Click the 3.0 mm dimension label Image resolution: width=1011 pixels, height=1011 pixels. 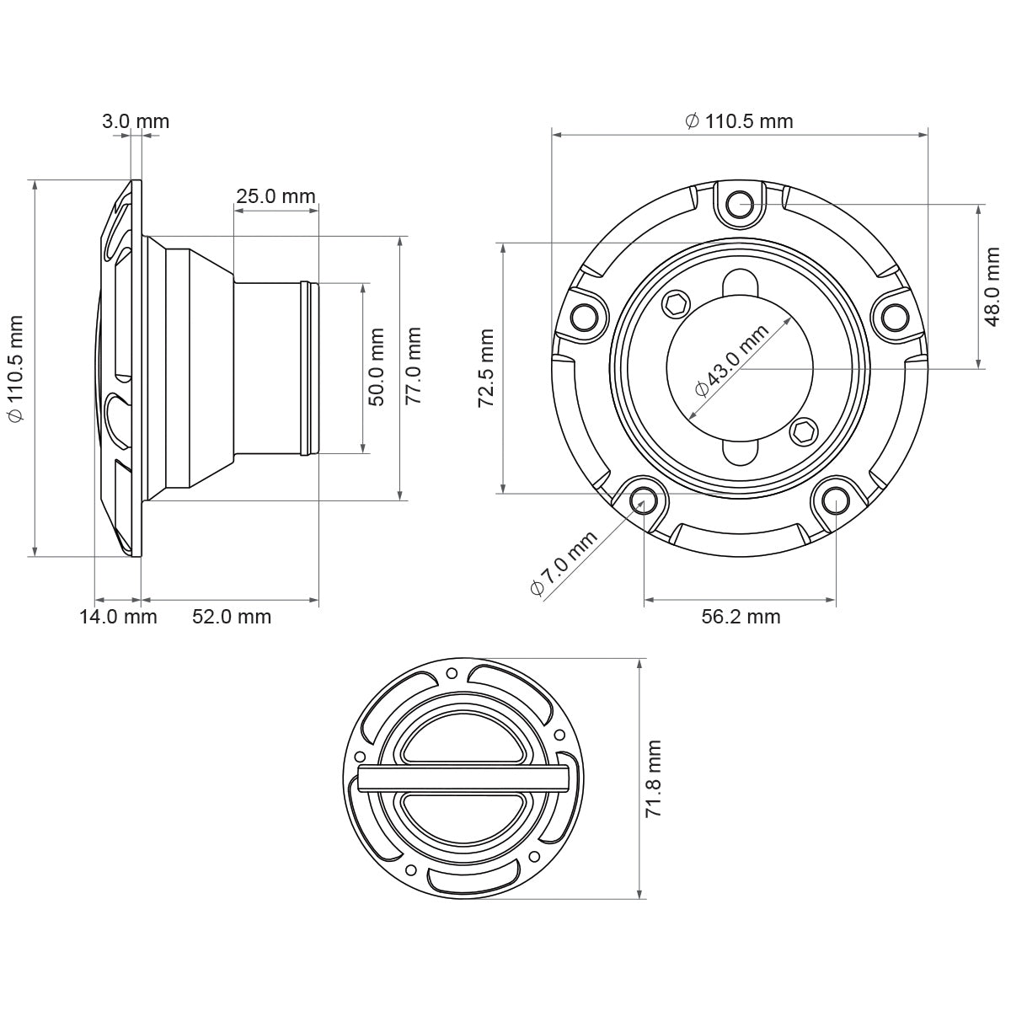tap(136, 121)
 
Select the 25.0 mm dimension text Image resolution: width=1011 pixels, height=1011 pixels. tap(275, 197)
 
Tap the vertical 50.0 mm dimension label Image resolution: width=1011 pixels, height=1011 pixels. tap(377, 367)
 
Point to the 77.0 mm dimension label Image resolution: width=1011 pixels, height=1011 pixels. tap(413, 367)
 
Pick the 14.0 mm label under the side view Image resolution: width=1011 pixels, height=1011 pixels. tap(118, 617)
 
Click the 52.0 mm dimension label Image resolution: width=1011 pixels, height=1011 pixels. tap(232, 617)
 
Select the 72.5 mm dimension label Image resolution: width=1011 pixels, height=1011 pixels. tap(486, 369)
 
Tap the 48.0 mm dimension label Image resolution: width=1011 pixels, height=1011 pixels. tap(992, 286)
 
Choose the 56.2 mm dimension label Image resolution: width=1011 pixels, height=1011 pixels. tap(741, 617)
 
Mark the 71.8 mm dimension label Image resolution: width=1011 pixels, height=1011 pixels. tap(654, 778)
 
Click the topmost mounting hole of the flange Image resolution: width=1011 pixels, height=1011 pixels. tap(740, 202)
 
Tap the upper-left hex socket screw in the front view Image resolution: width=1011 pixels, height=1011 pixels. tap(676, 305)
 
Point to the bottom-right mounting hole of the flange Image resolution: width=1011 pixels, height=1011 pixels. tap(836, 500)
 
